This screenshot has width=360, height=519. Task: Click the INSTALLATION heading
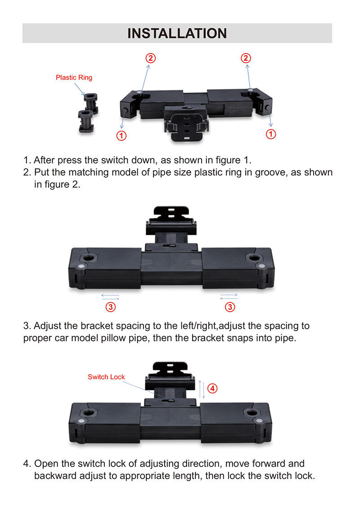tap(177, 33)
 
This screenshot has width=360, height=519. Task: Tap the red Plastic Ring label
tap(74, 77)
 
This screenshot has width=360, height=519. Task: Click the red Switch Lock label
tap(106, 377)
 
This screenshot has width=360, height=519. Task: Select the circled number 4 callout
tap(212, 388)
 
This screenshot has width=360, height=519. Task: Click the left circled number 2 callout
tap(151, 58)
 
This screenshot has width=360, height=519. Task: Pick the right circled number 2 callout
tap(245, 58)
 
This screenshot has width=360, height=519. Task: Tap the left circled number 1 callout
tap(121, 135)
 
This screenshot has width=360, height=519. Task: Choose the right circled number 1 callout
tap(271, 134)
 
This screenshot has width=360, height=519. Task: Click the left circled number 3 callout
tap(111, 307)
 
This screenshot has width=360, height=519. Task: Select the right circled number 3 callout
tap(230, 307)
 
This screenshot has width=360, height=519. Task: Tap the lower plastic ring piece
tap(86, 121)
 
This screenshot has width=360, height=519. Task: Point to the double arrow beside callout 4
tap(202, 389)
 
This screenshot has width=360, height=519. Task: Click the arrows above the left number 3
tap(110, 296)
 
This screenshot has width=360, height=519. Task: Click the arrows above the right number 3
tap(229, 296)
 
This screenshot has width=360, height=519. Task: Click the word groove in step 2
tap(271, 172)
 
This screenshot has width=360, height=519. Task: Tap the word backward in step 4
tap(55, 476)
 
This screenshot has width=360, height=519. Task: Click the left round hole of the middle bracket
tap(89, 258)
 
